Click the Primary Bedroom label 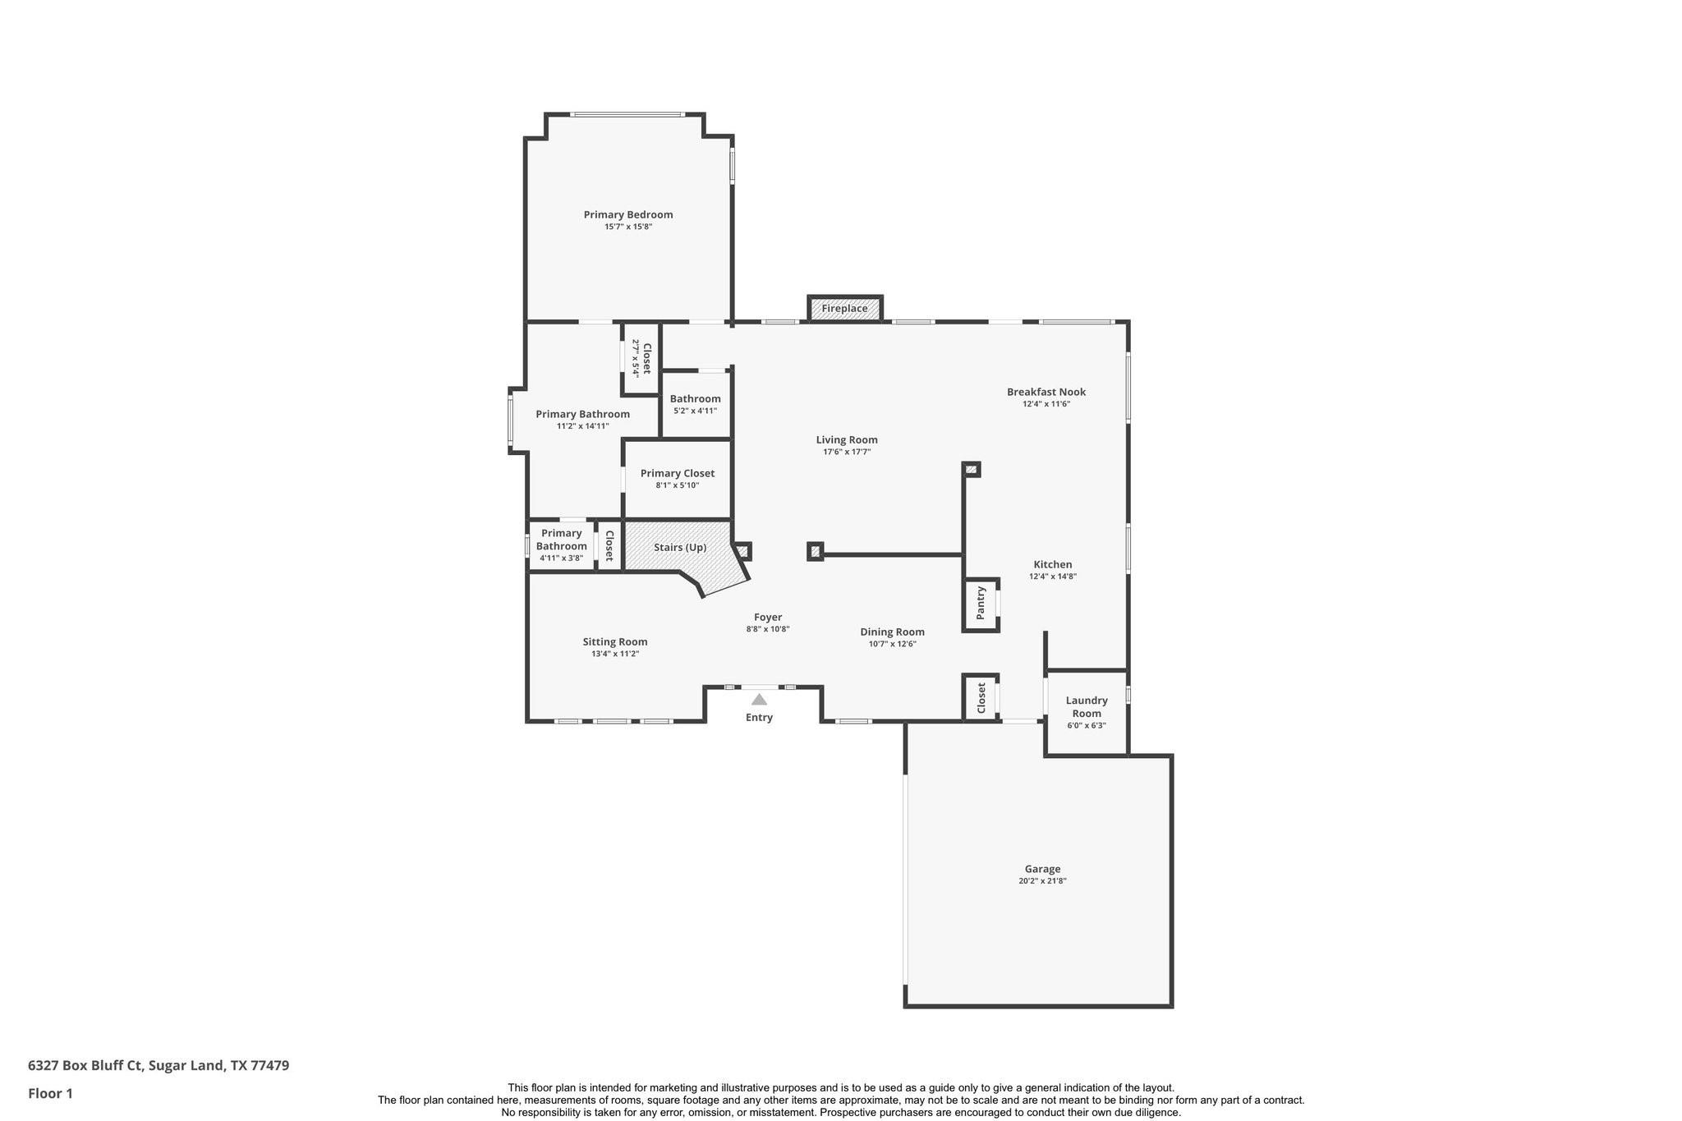coord(627,214)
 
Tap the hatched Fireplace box coord(844,309)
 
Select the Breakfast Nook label coord(1046,392)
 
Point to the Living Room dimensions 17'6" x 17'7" coord(846,452)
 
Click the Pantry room coord(981,604)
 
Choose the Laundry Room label coord(1087,706)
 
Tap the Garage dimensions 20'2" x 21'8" coord(1041,881)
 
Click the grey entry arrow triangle coord(759,700)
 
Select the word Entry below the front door coord(759,718)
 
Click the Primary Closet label coord(677,473)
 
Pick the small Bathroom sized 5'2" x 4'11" coord(695,404)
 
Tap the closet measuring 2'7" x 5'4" coord(641,358)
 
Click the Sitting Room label coord(614,642)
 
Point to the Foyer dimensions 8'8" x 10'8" coord(767,629)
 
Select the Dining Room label coord(892,632)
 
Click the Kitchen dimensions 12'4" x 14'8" coord(1052,577)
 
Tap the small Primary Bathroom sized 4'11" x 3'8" coord(561,544)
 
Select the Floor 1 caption coord(50,1093)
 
